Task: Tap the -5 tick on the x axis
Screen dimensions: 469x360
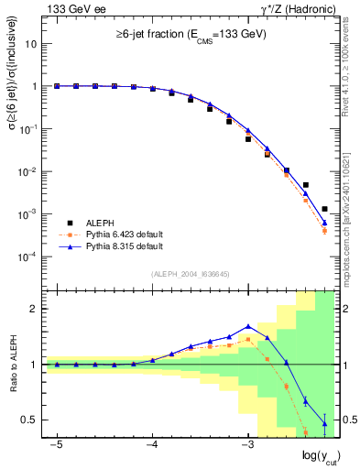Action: pos(56,445)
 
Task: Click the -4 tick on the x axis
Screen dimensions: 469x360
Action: pos(152,445)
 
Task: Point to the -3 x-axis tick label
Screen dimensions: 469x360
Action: pos(247,445)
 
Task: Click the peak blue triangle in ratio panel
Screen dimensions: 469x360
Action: pos(248,326)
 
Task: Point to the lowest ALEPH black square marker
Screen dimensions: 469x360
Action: pos(324,209)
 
